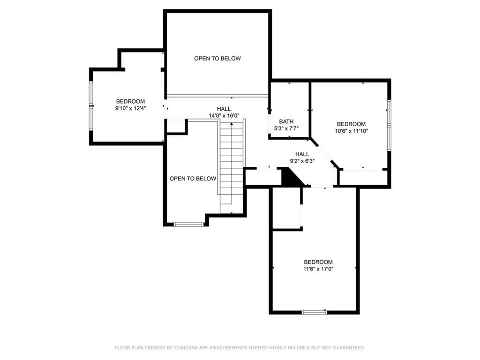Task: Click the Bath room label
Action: (x=286, y=121)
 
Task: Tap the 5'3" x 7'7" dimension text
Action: (x=286, y=128)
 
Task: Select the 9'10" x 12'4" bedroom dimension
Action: (x=130, y=108)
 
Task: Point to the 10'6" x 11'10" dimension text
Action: (x=352, y=131)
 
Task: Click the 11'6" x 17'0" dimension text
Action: (x=318, y=269)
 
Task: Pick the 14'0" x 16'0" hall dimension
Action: (x=224, y=116)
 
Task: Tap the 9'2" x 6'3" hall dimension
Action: (x=302, y=161)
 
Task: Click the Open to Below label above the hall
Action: (x=217, y=58)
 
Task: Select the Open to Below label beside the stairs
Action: (x=193, y=179)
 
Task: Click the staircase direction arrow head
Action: (x=232, y=124)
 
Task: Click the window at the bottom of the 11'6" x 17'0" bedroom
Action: (x=315, y=312)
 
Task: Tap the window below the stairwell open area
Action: (x=188, y=225)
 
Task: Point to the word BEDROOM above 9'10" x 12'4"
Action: (x=130, y=101)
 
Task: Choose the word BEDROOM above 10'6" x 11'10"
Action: (x=351, y=124)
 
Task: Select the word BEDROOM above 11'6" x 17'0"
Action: (x=318, y=262)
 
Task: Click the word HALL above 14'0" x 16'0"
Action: (x=224, y=109)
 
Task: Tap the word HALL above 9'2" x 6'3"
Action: (x=302, y=154)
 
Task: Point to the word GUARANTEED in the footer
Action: (x=349, y=348)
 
